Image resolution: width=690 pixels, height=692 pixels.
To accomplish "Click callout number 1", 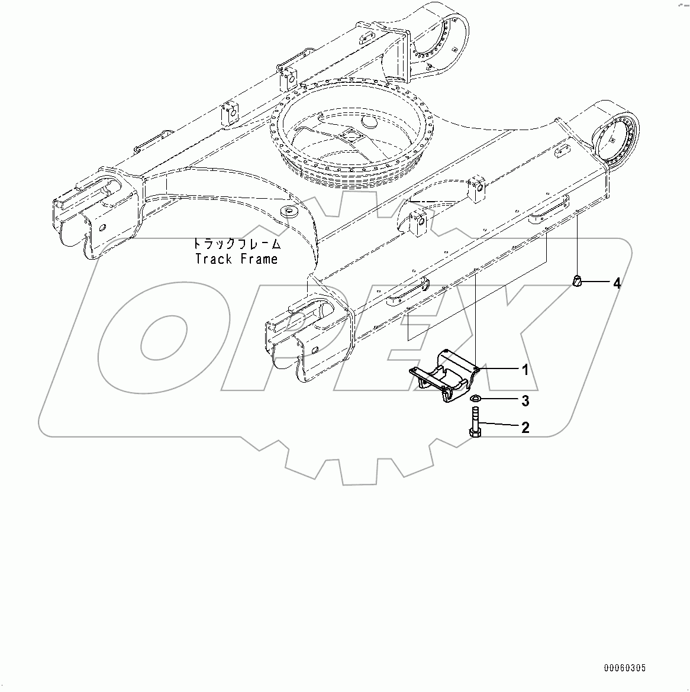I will point(525,370).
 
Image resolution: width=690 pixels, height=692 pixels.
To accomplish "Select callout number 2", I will point(525,427).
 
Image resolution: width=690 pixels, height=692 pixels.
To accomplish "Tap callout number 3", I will point(525,402).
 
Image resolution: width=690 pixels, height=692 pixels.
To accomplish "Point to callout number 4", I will point(617,284).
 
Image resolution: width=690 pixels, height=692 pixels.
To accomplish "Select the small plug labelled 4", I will point(578,281).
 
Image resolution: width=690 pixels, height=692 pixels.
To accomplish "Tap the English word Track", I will point(214,258).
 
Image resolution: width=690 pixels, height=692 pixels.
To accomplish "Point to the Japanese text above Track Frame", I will point(236,244).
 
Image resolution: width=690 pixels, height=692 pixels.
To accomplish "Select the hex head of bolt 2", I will point(475,434).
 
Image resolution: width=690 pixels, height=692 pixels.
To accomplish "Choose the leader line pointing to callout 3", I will point(499,400).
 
